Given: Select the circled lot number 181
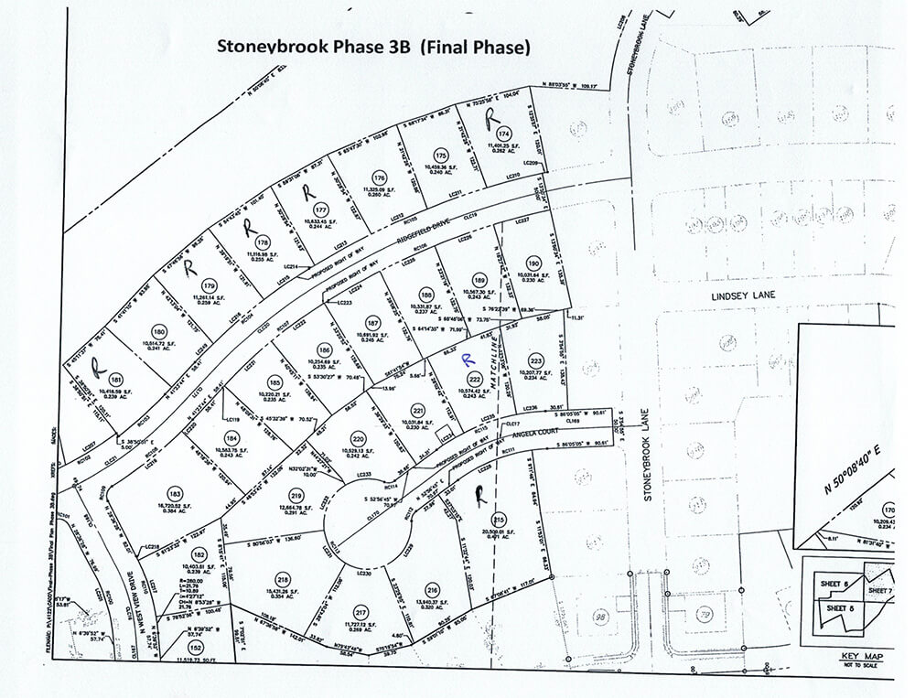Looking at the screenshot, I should (x=115, y=379).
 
